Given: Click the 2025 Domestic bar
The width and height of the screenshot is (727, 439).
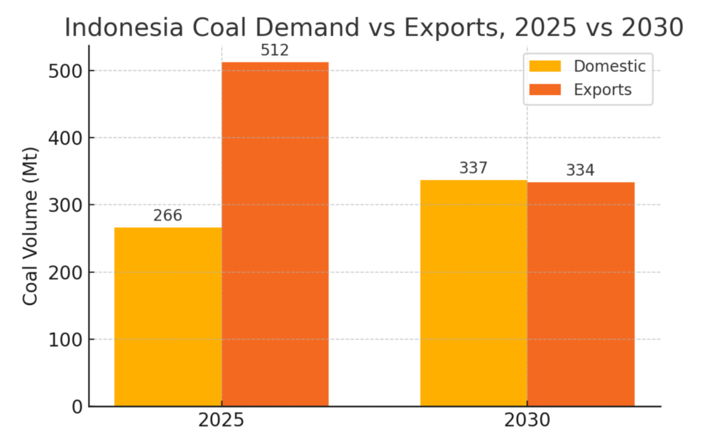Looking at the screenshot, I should point(168,316).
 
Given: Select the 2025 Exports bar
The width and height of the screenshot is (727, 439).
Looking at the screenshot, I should point(275,234).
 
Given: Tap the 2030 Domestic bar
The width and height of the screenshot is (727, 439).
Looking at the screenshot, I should point(473,293).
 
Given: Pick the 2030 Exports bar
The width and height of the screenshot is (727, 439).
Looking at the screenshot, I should point(580,294).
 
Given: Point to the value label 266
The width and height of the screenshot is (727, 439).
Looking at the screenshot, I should point(168,216).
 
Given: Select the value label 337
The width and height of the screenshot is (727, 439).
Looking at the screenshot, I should point(473,168).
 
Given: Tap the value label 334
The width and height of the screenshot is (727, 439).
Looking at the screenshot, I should point(580,170).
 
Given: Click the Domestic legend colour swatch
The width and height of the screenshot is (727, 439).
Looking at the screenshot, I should point(545,67).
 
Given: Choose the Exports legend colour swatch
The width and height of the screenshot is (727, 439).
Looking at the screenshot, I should point(545,90).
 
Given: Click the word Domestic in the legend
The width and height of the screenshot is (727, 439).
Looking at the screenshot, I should point(609,67).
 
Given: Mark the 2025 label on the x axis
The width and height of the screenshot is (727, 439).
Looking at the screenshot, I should point(221,421).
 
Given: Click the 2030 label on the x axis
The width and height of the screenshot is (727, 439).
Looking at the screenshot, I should point(527,421).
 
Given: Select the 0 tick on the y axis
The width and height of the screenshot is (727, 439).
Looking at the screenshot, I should point(76,407).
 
